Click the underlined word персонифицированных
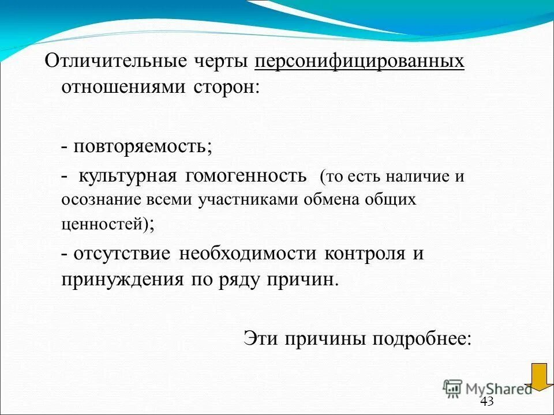[359, 62]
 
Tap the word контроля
[365, 254]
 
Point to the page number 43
[487, 402]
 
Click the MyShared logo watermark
[488, 388]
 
